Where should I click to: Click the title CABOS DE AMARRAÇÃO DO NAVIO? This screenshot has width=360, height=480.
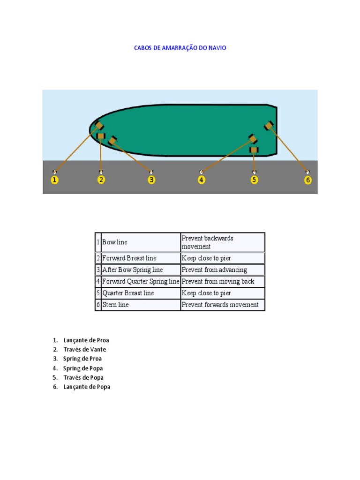pyautogui.click(x=180, y=48)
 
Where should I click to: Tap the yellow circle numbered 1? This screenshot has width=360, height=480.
pyautogui.click(x=54, y=180)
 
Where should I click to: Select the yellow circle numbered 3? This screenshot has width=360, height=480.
pyautogui.click(x=151, y=180)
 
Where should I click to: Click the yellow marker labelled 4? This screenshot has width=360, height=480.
pyautogui.click(x=201, y=180)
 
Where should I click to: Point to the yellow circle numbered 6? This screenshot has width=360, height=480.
pyautogui.click(x=308, y=180)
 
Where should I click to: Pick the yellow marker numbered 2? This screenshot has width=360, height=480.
pyautogui.click(x=101, y=180)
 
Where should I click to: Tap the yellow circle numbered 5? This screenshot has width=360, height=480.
pyautogui.click(x=254, y=180)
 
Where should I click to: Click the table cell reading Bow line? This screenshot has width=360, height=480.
pyautogui.click(x=141, y=242)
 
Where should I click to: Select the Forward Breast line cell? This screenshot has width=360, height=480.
pyautogui.click(x=141, y=258)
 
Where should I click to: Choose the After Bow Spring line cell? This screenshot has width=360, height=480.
pyautogui.click(x=141, y=270)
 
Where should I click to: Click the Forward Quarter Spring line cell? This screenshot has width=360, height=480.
pyautogui.click(x=141, y=281)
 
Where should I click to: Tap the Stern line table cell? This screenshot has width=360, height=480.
pyautogui.click(x=141, y=305)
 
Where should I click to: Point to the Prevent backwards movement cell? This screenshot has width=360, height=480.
pyautogui.click(x=223, y=242)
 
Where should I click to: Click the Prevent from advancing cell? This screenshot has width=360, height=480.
pyautogui.click(x=223, y=270)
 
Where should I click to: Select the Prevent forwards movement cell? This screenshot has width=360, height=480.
pyautogui.click(x=223, y=305)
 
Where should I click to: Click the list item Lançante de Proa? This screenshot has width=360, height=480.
pyautogui.click(x=86, y=340)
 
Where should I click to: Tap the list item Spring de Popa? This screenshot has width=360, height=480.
pyautogui.click(x=83, y=368)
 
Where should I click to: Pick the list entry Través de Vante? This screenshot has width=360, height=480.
pyautogui.click(x=84, y=349)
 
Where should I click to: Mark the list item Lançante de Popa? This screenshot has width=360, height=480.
pyautogui.click(x=87, y=387)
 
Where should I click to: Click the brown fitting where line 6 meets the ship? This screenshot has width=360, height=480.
pyautogui.click(x=269, y=126)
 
